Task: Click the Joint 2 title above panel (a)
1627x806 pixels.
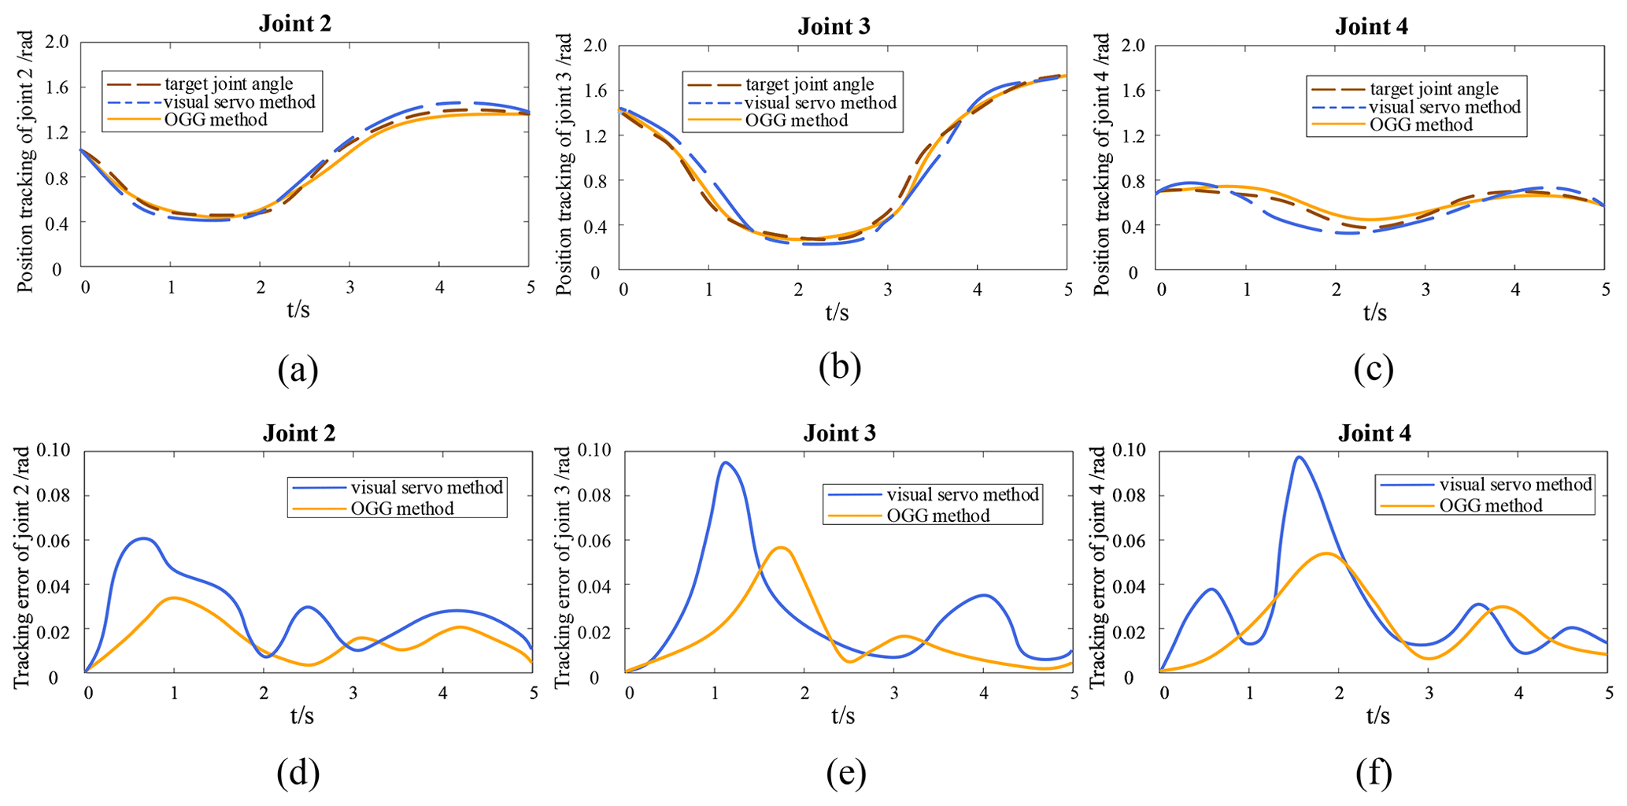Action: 294,24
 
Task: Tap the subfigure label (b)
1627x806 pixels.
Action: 839,368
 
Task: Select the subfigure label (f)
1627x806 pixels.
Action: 1374,775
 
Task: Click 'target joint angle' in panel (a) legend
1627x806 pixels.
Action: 228,84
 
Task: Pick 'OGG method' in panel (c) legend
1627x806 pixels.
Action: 1421,124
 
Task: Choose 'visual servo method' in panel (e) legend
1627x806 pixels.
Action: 963,494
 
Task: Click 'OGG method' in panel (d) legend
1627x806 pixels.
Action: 402,508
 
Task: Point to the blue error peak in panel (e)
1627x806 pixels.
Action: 724,463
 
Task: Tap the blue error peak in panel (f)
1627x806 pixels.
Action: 1299,457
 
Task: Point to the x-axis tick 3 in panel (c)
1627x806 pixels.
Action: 1425,289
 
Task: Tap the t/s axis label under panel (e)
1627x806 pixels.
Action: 842,715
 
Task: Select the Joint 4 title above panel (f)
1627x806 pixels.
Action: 1374,433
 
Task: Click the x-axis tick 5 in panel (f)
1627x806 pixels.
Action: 1605,693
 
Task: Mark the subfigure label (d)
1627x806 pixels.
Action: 298,775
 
